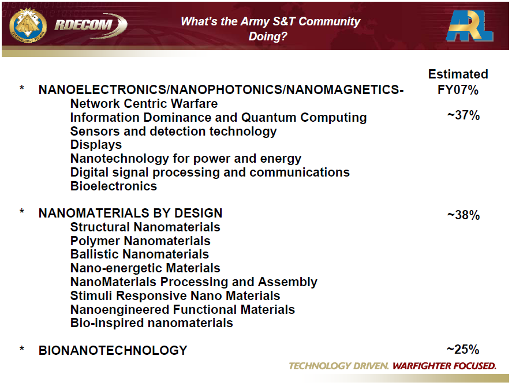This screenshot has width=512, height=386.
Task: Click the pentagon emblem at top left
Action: point(27,26)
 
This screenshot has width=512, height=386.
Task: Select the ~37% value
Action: point(463,115)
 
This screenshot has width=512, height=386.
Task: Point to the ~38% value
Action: point(463,215)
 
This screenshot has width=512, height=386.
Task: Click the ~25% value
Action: point(463,350)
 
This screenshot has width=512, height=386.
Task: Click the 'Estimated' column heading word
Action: point(458,74)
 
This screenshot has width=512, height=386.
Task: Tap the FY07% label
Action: point(458,90)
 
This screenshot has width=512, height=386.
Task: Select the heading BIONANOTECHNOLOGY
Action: point(113,350)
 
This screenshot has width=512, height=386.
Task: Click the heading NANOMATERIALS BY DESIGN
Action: point(130,213)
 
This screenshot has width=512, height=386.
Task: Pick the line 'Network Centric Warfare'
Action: point(144,104)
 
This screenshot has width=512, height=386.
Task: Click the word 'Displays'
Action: point(96,145)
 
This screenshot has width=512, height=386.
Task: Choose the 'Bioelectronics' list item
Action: point(113,186)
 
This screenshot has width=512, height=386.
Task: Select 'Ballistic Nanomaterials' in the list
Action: point(139,254)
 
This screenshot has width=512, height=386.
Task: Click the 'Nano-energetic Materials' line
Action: point(145,268)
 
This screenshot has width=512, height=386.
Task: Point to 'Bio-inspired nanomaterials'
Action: point(151,323)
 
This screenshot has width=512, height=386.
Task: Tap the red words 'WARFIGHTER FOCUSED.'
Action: point(444,366)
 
